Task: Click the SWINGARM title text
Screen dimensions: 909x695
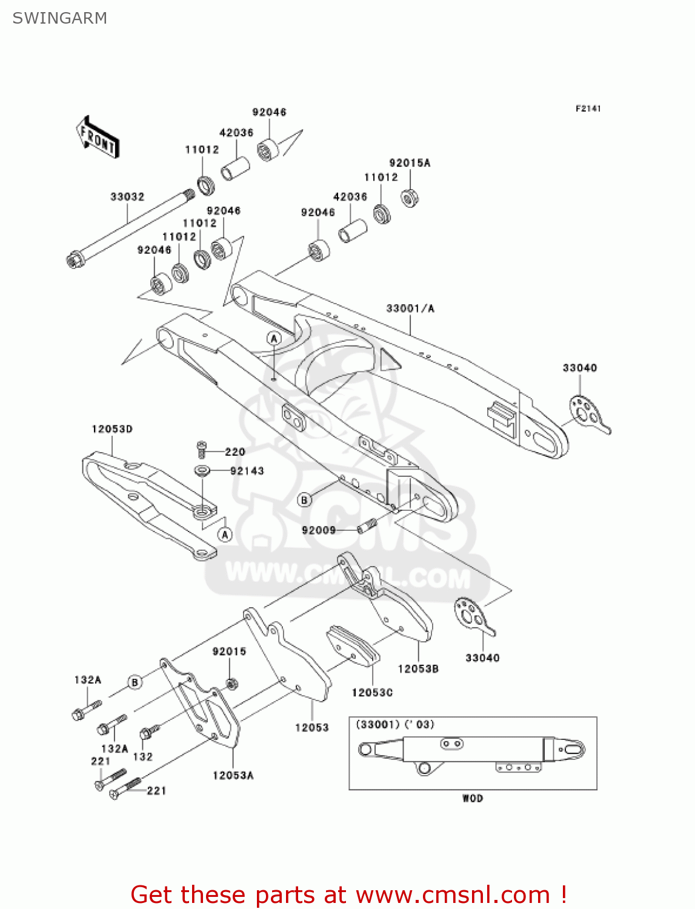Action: (59, 18)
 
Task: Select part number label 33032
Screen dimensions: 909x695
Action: (127, 197)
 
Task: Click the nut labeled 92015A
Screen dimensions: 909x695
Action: (410, 198)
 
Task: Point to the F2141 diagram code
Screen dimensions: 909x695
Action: (588, 108)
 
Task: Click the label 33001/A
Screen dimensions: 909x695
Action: (410, 308)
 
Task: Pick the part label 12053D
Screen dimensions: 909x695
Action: (112, 429)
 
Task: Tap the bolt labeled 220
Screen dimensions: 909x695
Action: (202, 450)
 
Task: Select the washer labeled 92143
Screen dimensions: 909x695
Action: (202, 470)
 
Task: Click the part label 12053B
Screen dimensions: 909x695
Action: (418, 668)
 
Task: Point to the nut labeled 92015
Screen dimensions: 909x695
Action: (231, 684)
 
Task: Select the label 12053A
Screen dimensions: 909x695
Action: (233, 775)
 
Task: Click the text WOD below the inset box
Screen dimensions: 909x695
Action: (473, 798)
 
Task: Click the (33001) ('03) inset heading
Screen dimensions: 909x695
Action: (394, 724)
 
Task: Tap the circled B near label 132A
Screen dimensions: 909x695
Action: (135, 682)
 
